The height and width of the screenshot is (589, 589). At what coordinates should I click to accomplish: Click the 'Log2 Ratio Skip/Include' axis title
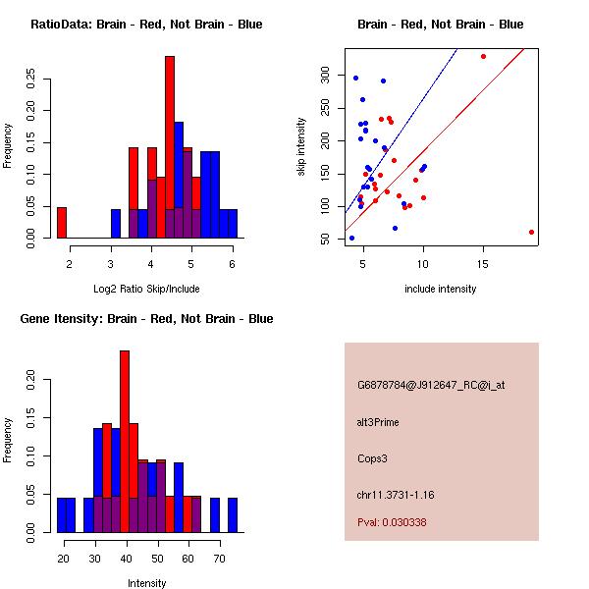coord(146,289)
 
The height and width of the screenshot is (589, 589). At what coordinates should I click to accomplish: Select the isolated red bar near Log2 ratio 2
coord(62,223)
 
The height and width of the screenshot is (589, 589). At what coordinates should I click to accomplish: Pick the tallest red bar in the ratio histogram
coord(170,147)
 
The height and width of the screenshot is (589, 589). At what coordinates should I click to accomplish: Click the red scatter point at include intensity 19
coord(531,233)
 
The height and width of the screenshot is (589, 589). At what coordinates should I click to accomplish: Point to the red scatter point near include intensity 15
coord(483,56)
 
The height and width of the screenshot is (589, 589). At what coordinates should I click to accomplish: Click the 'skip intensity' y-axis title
coord(302,147)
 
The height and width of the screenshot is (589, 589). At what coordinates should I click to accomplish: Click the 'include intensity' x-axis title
coord(441,289)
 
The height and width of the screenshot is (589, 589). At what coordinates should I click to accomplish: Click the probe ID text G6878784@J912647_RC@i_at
coord(431,386)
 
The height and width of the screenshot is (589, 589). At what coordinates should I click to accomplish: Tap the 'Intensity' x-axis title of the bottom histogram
coord(146,583)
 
